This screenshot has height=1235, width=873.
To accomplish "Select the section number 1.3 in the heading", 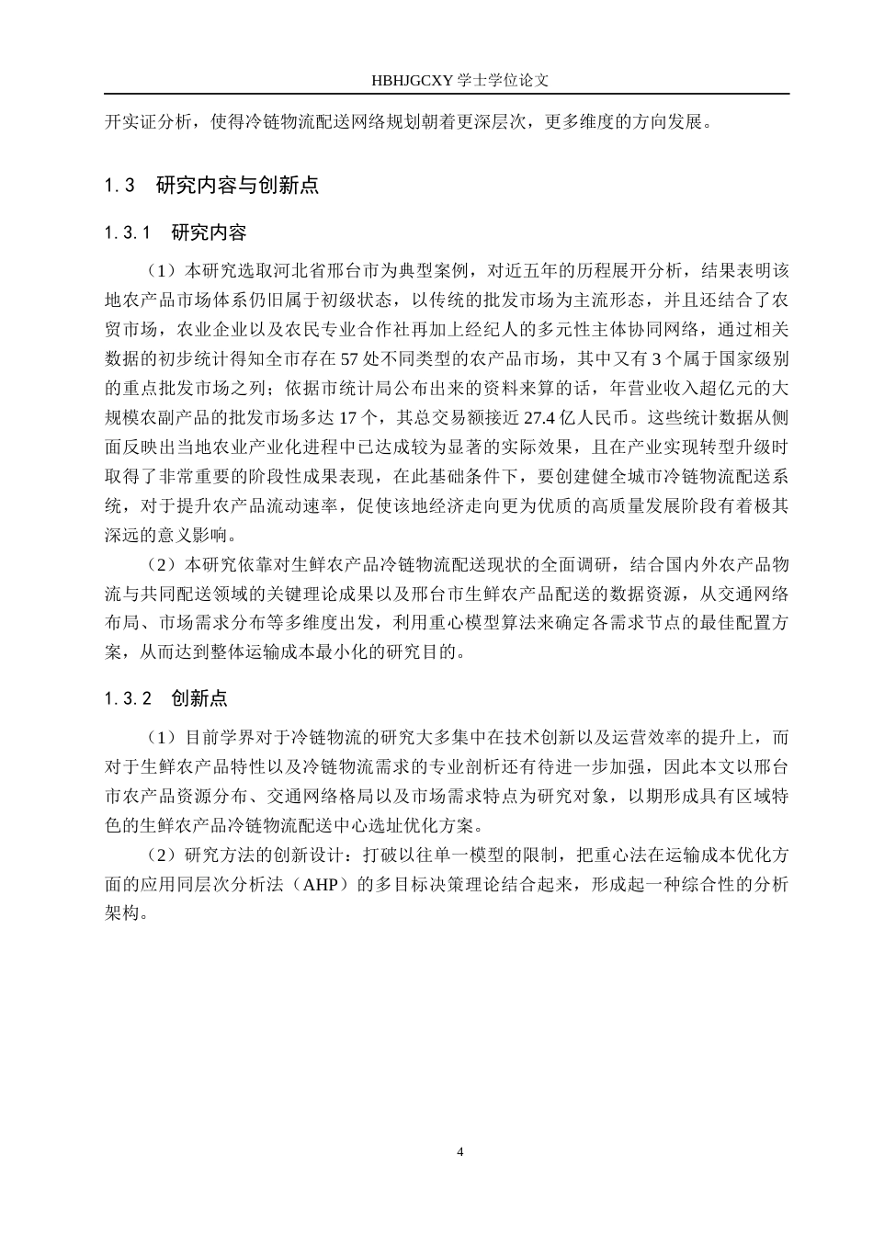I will pyautogui.click(x=120, y=185).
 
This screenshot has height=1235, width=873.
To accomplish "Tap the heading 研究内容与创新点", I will pyautogui.click(x=237, y=185).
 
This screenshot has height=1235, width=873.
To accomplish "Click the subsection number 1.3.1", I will pyautogui.click(x=128, y=232).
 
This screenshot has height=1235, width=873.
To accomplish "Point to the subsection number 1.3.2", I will pyautogui.click(x=128, y=698).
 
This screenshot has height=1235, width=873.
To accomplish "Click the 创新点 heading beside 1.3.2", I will pyautogui.click(x=199, y=698).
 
